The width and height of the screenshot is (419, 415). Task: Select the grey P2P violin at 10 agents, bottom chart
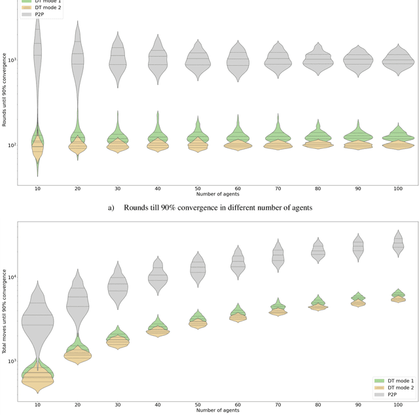[x=37, y=320]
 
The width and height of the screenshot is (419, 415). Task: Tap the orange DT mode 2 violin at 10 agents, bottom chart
[x=37, y=379]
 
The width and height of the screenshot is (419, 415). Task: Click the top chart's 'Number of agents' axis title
[x=215, y=195]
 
